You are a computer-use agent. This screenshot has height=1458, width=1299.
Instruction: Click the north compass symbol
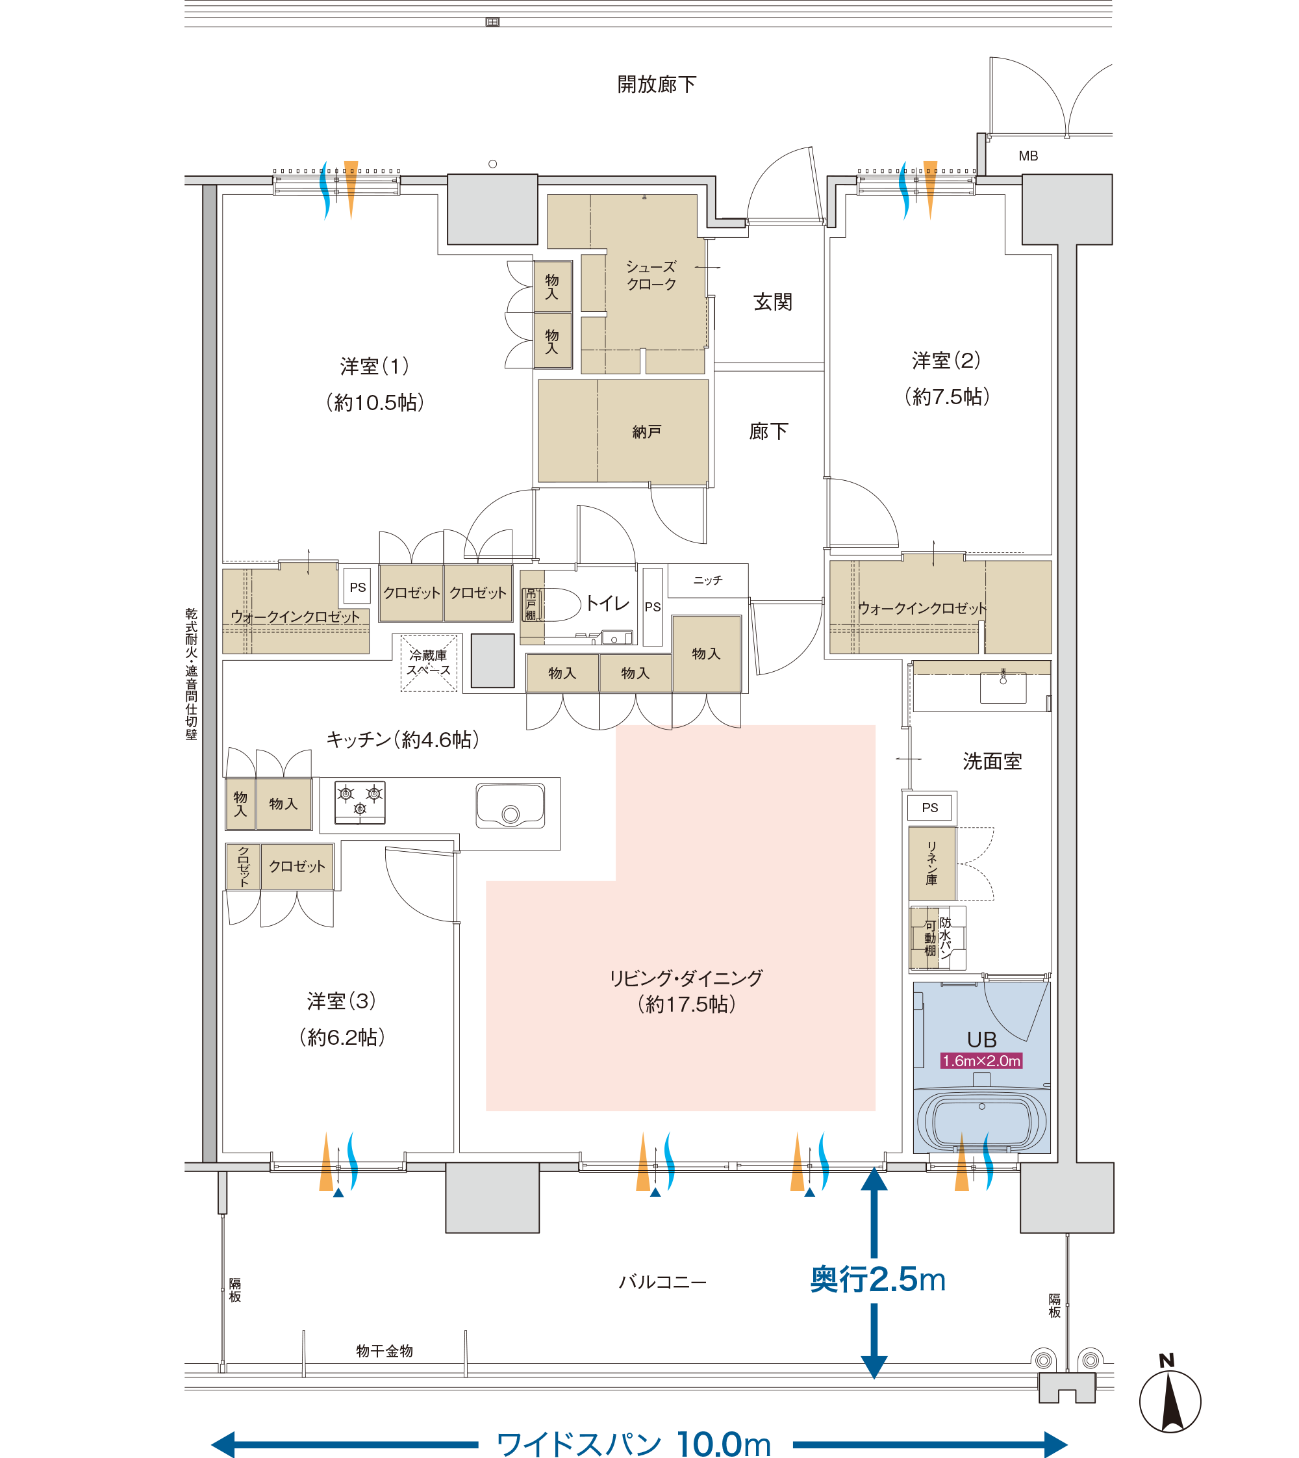pos(1170,1400)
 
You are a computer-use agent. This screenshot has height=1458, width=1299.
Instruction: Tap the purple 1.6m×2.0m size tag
pos(981,1061)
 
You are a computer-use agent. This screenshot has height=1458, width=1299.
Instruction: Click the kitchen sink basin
pos(511,806)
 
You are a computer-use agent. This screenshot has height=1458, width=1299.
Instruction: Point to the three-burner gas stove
pos(360,802)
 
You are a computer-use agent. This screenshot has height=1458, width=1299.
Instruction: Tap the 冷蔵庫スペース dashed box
pos(428,663)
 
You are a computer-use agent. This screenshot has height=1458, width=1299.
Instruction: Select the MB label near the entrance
pos(1028,156)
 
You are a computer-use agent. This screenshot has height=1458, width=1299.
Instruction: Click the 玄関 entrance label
pos(772,302)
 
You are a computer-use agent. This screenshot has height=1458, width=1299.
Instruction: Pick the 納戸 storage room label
pos(647,432)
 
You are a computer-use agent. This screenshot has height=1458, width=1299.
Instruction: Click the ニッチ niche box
pos(708,580)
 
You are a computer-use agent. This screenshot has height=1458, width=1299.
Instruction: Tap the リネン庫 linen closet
pos(932,863)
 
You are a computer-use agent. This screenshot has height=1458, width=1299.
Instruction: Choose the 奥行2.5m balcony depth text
pos(877,1279)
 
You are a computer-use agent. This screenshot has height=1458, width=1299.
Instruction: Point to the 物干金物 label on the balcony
pos(385,1351)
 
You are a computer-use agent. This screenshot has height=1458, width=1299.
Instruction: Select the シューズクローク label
pos(651,275)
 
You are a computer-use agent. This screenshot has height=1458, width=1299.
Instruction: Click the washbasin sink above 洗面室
pos(1003,688)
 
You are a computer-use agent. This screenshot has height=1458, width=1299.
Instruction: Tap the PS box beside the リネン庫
pos(929,808)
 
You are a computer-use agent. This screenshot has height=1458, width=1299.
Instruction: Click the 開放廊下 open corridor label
pos(657,84)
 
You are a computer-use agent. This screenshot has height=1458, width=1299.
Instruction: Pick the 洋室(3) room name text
pos(341,1001)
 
